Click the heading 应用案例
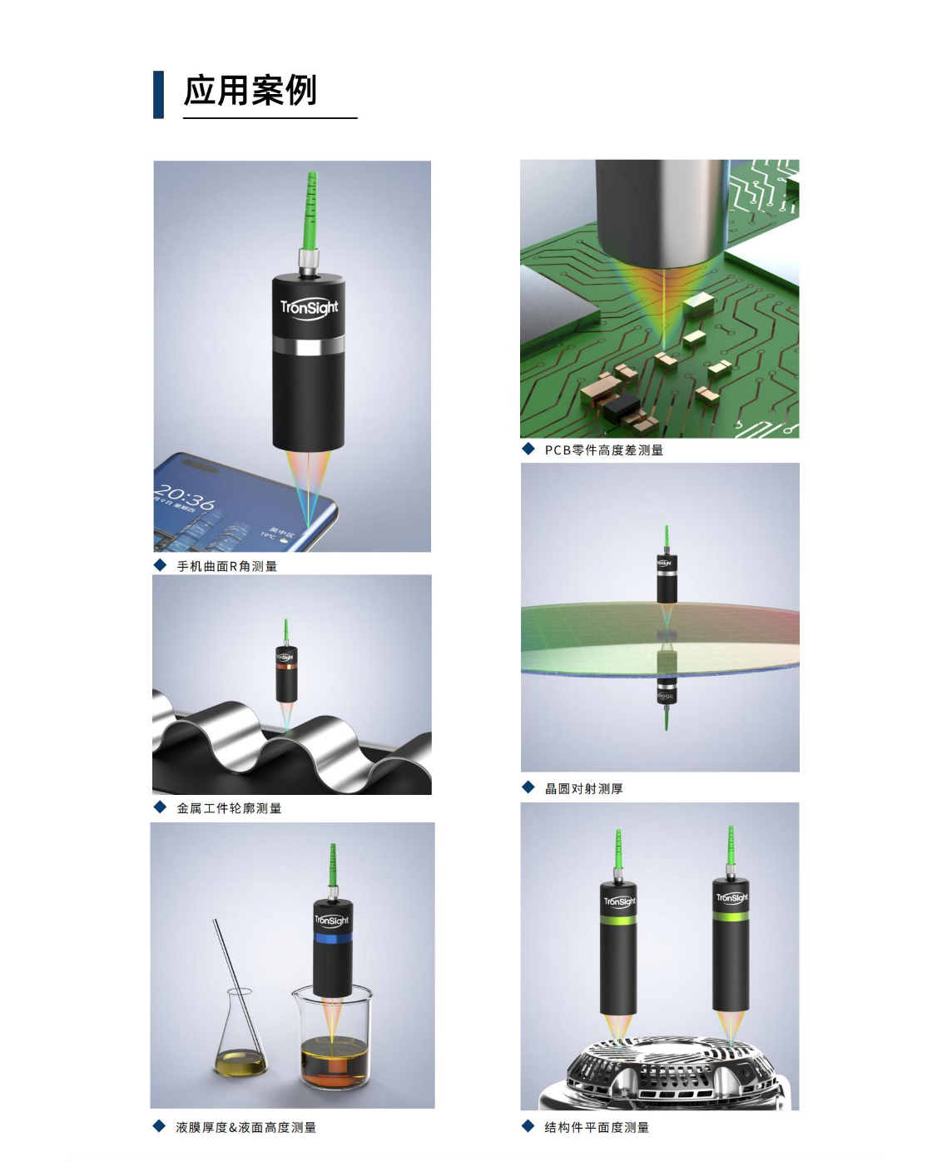[250, 91]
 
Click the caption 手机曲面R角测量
[226, 566]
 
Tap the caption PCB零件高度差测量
[603, 449]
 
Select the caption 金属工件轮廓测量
[229, 807]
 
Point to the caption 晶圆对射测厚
[583, 788]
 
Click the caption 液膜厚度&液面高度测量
[245, 1127]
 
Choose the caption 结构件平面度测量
[597, 1127]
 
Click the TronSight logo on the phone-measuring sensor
[309, 307]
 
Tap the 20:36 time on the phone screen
[184, 497]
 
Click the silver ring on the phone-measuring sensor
[309, 345]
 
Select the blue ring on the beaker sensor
[332, 938]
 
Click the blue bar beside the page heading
[158, 94]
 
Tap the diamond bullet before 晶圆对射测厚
[528, 787]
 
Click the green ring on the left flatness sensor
[618, 921]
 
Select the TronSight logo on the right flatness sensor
[731, 898]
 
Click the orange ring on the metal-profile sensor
[286, 666]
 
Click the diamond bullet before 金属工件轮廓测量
[160, 807]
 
